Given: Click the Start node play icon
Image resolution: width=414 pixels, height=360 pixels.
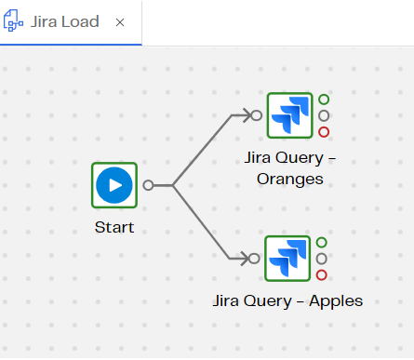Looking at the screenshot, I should click(114, 185).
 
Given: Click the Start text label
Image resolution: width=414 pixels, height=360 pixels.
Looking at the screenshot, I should click(114, 227).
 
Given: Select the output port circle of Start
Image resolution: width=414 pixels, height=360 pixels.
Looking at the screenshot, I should click(148, 185).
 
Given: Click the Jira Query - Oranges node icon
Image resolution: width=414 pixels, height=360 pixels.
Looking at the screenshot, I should click(289, 115).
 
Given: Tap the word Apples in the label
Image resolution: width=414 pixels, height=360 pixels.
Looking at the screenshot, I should click(334, 300).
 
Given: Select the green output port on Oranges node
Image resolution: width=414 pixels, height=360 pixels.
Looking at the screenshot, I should click(324, 100).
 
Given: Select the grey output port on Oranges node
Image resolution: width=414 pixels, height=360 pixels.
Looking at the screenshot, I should click(324, 115).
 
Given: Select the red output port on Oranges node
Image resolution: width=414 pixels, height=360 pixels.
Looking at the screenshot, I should click(324, 132).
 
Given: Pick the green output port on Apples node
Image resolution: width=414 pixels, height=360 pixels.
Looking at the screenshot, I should click(322, 243).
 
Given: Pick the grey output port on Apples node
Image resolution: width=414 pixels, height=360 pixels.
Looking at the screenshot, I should click(322, 259).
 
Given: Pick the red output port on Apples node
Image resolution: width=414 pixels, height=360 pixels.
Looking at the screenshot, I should click(322, 274).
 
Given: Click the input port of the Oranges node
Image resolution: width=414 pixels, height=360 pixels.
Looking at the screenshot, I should click(256, 115).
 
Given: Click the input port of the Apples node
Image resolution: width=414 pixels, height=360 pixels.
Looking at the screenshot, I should click(254, 259).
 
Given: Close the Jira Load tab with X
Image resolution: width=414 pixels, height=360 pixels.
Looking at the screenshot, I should click(120, 21).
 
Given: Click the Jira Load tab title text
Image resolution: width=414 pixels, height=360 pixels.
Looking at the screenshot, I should click(67, 21).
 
